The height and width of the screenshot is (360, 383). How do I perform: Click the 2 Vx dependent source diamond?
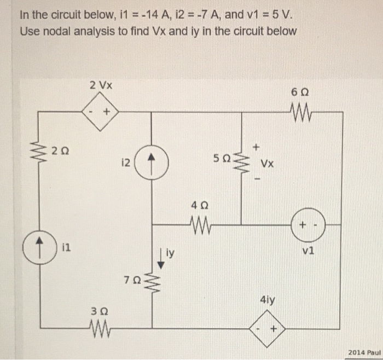coord(100,112)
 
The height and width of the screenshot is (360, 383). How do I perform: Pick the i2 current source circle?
coord(151,161)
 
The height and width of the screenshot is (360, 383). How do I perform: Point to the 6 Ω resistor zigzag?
coord(302,113)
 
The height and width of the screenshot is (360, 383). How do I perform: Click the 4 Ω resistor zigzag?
coord(198,223)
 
